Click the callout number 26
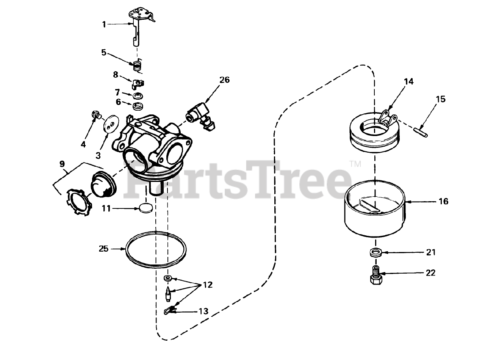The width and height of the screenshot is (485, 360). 225,80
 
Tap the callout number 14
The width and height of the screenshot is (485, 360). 409,81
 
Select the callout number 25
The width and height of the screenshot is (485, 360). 104,249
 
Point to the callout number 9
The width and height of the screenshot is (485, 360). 62,164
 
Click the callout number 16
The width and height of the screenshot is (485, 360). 443,201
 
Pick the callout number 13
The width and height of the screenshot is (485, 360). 203,311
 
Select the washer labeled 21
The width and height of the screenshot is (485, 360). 375,253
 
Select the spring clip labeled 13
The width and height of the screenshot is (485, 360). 170,310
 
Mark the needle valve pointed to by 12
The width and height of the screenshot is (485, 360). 168,294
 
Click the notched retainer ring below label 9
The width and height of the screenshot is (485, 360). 78,202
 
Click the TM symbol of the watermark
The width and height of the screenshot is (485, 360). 355,164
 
